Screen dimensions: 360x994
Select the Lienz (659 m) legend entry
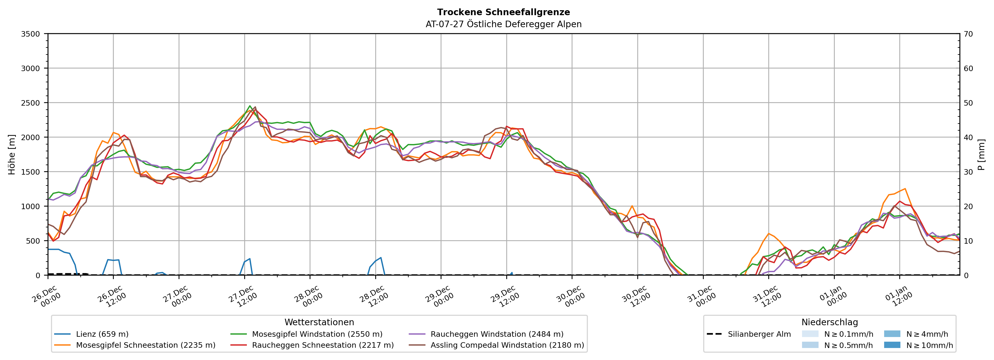(x=102, y=334)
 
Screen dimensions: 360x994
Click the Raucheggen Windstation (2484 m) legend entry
(x=497, y=334)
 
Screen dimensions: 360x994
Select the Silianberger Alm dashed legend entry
(x=759, y=334)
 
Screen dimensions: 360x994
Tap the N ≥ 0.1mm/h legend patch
(x=810, y=334)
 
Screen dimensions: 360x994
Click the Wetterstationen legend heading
(x=319, y=322)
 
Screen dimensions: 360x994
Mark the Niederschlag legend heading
(x=830, y=322)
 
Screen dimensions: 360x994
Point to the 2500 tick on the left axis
(x=31, y=103)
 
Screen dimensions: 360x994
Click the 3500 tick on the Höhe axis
(x=31, y=34)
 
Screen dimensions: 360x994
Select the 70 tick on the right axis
(x=968, y=34)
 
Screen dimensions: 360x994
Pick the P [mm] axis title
(x=981, y=154)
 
